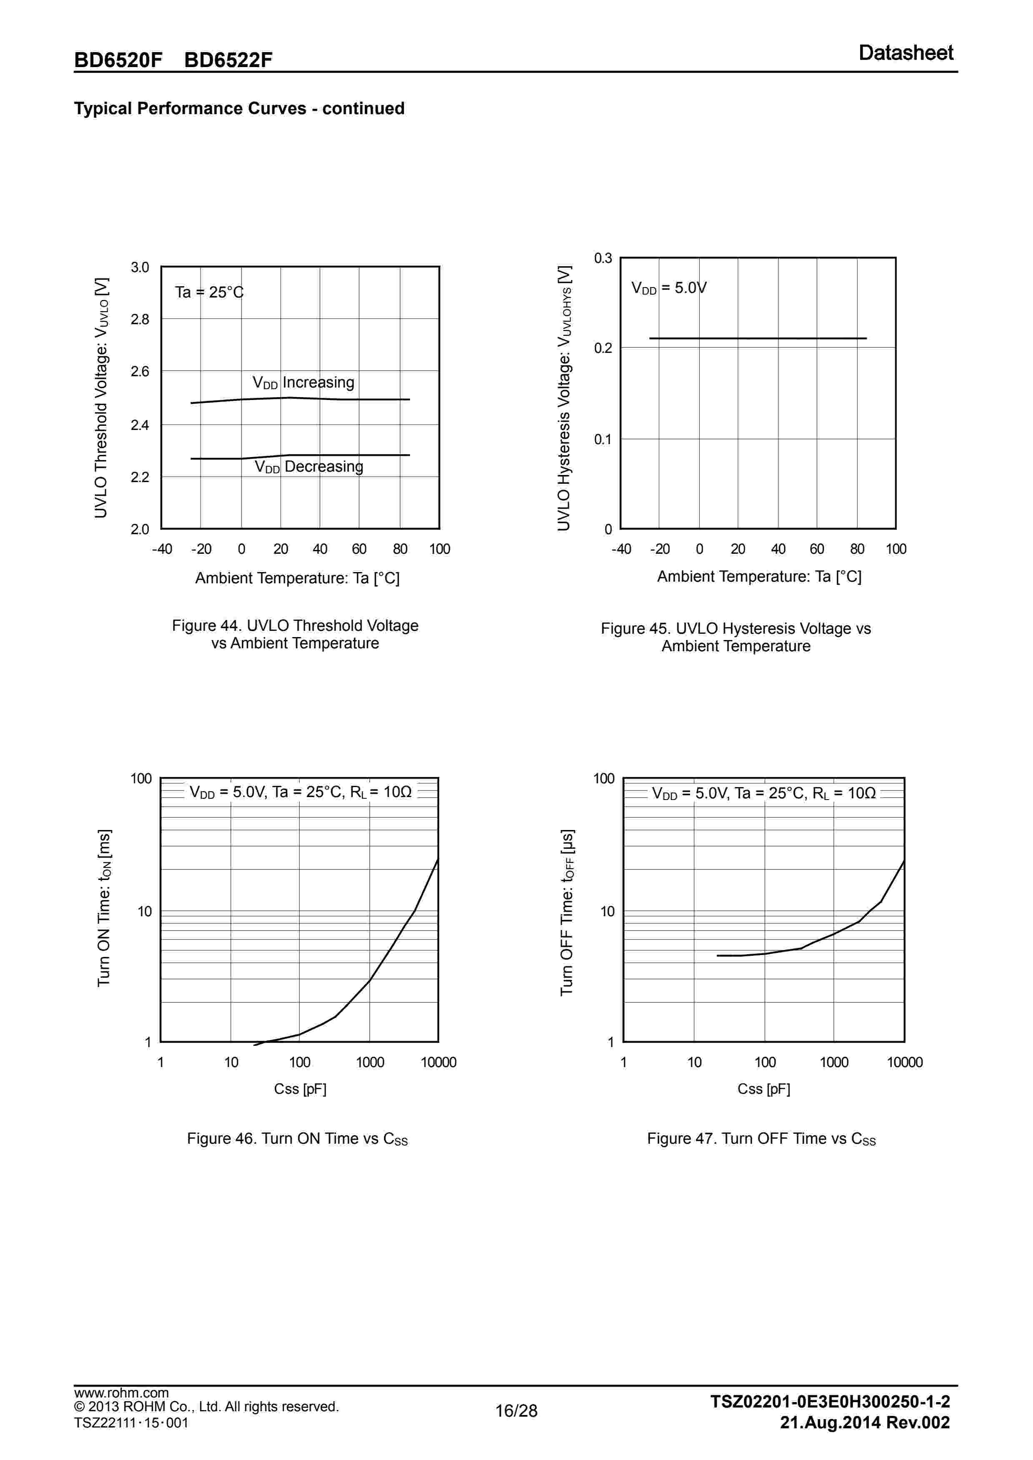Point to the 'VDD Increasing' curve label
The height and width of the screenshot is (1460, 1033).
coord(303,382)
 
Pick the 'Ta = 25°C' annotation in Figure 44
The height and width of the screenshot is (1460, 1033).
coord(209,292)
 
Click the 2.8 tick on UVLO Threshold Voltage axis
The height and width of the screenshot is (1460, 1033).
coord(140,319)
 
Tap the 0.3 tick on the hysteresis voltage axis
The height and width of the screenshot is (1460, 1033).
coord(603,258)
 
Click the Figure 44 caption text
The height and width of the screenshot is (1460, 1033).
coord(295,634)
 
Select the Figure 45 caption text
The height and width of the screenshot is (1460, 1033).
coord(735,637)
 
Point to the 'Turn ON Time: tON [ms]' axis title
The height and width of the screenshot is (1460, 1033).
coord(104,907)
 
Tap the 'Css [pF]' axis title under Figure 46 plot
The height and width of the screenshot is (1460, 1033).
coord(300,1089)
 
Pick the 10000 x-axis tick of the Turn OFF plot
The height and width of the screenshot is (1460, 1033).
coord(904,1062)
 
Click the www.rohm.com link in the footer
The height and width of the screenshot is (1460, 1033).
coord(121,1392)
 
